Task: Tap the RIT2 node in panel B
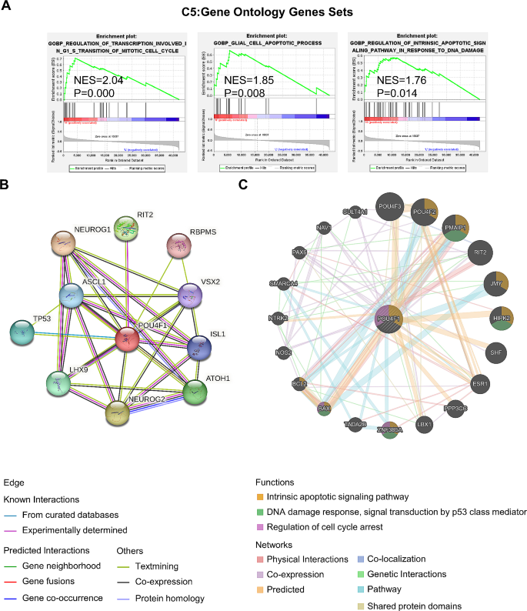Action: (x=125, y=229)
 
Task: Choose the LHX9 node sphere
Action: (x=59, y=384)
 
